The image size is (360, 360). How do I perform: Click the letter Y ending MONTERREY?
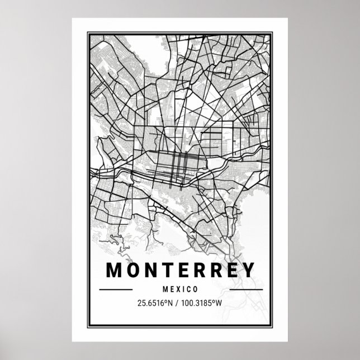[x=245, y=270]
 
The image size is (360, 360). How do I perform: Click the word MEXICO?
[x=180, y=290]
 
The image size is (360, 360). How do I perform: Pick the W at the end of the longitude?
[x=222, y=304]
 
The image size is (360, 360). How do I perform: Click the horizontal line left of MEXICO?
[x=115, y=290]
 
